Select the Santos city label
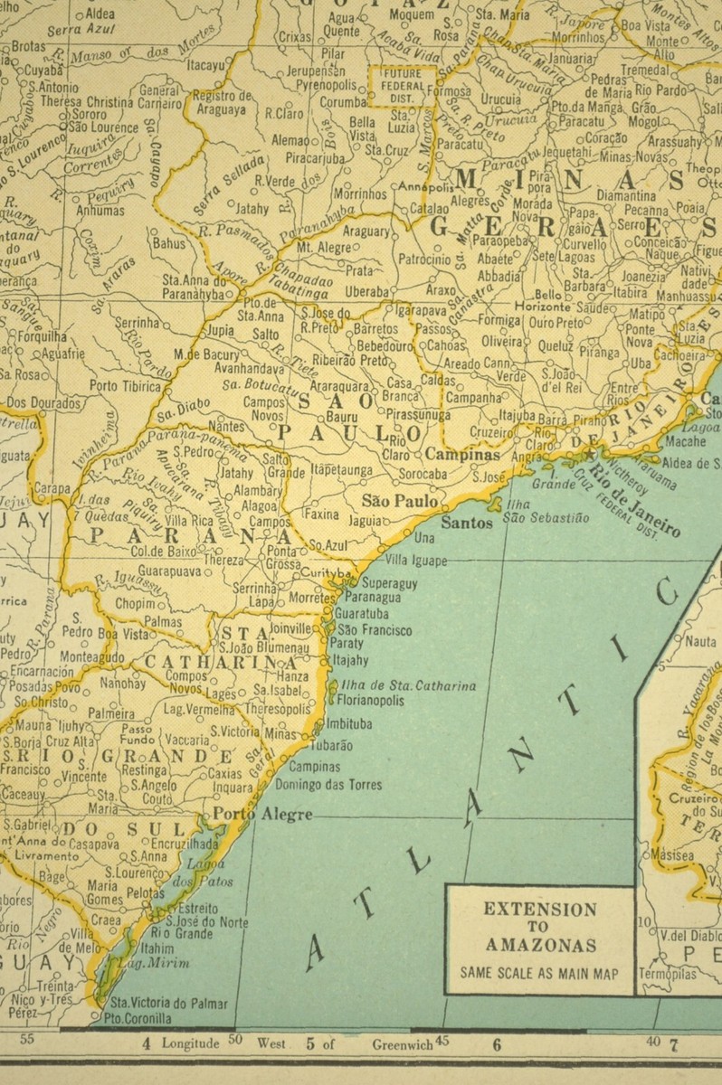pos(468,523)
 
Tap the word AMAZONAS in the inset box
pos(538,946)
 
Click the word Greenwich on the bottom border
pos(403,1043)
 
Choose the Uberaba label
pos(365,291)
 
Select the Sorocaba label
pos(423,472)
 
